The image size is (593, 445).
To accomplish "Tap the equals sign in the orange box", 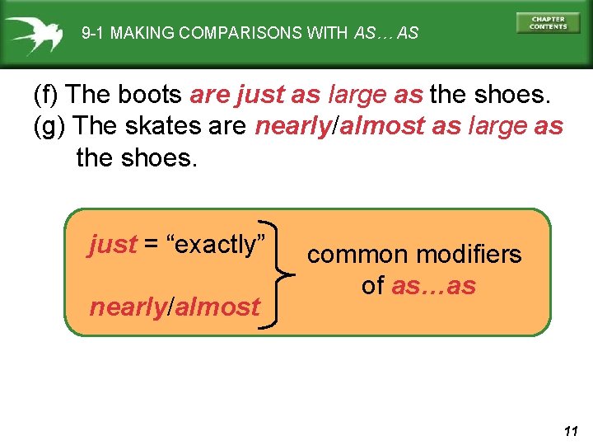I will click(152, 245).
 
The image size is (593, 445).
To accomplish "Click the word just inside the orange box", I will click(113, 245).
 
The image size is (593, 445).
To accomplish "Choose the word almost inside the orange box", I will click(217, 307).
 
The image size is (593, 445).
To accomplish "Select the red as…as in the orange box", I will click(433, 286).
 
